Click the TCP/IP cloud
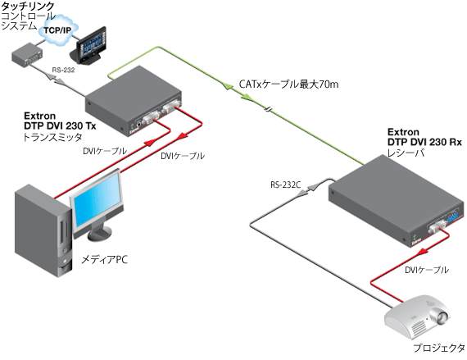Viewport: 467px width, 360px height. tap(58, 30)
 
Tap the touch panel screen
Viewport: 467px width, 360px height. tap(91, 44)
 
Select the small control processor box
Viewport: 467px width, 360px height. tap(27, 55)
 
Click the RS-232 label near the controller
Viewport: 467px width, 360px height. tap(63, 71)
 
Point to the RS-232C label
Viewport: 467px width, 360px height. tap(285, 185)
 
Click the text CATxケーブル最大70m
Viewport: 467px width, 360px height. tap(289, 84)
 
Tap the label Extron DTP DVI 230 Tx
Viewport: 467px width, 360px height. tap(60, 121)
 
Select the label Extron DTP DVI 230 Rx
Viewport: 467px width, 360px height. tap(424, 137)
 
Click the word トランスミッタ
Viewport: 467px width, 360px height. tap(52, 137)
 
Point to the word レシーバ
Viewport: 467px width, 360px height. tap(406, 153)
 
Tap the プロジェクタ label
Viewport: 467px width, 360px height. tap(438, 348)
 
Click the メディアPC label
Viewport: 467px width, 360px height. tap(105, 260)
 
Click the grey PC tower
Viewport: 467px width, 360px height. tap(43, 231)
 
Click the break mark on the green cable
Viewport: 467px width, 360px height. tap(269, 110)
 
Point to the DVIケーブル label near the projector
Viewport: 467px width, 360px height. tap(427, 270)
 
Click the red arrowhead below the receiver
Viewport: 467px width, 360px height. tap(422, 252)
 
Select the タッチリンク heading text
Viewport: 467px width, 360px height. tap(28, 6)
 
